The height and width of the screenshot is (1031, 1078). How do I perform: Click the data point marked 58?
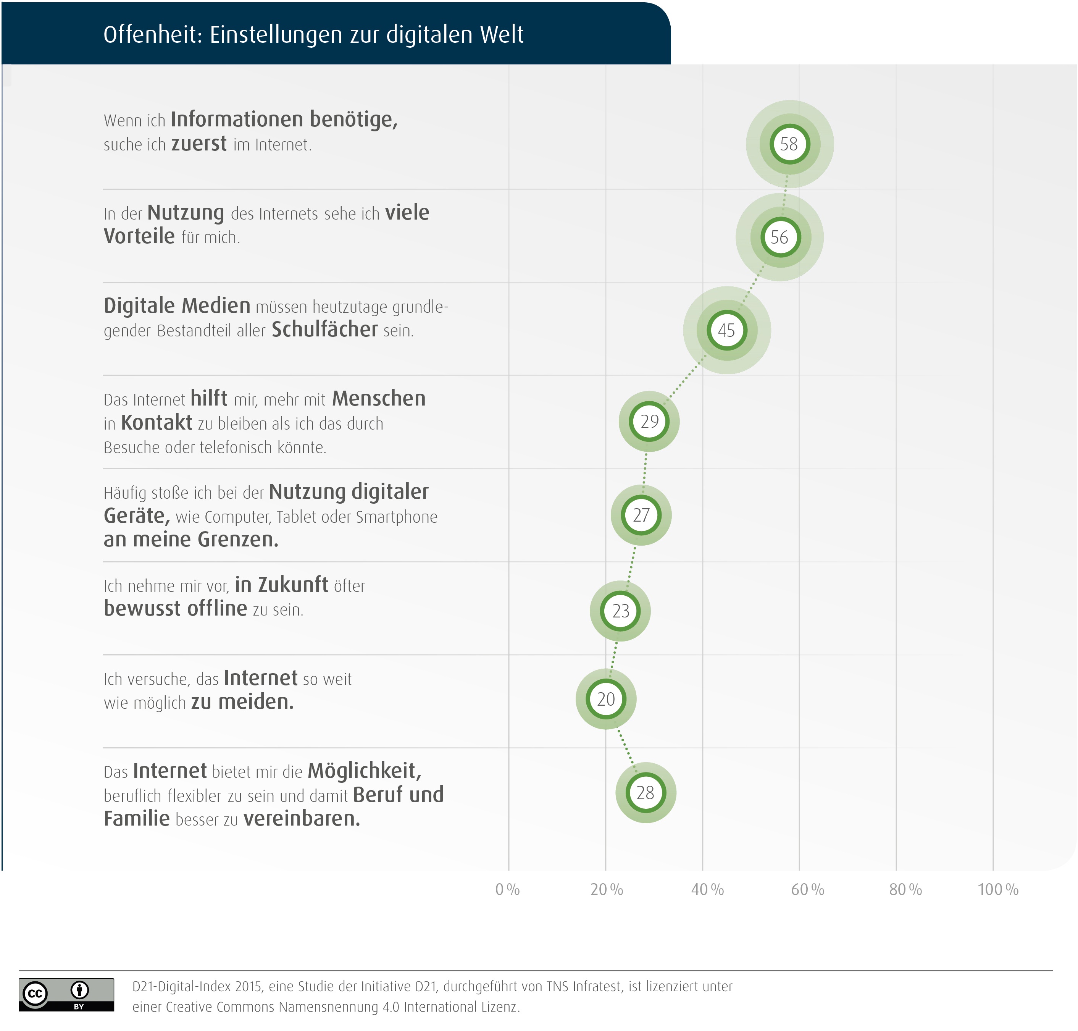[x=789, y=144]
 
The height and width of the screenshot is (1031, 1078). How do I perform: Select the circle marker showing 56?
[x=779, y=238]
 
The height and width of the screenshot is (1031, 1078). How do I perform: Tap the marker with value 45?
[x=727, y=330]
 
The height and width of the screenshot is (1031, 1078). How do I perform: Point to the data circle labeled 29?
[x=649, y=422]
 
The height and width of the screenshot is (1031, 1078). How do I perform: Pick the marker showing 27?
[x=641, y=515]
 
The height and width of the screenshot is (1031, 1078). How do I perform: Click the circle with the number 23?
[x=620, y=611]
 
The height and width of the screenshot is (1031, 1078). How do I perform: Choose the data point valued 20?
[x=606, y=699]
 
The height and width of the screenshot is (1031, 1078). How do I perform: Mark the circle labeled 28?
[x=646, y=792]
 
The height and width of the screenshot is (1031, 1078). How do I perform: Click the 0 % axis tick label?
[x=507, y=890]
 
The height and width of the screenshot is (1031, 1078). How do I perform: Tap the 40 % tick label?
[x=707, y=890]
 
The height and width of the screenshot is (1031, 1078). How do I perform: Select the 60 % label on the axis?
[x=807, y=890]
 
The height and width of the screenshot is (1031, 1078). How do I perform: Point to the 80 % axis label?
[x=905, y=890]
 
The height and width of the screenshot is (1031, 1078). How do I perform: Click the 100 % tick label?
[x=998, y=890]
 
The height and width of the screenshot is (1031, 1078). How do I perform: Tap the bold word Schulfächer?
[x=325, y=329]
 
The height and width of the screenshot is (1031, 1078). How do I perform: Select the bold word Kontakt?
[x=157, y=423]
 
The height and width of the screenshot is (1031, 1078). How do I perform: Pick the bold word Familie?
[x=137, y=819]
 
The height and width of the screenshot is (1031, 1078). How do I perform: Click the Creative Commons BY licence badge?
[x=66, y=995]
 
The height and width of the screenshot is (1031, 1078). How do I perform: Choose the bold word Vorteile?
[x=139, y=236]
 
